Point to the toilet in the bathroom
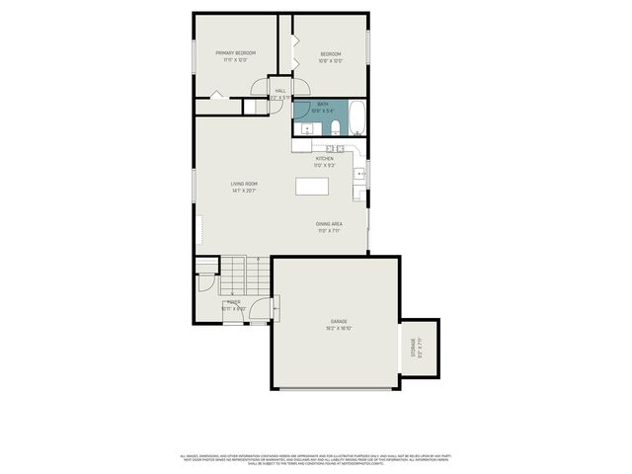335,125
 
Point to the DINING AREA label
329,226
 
